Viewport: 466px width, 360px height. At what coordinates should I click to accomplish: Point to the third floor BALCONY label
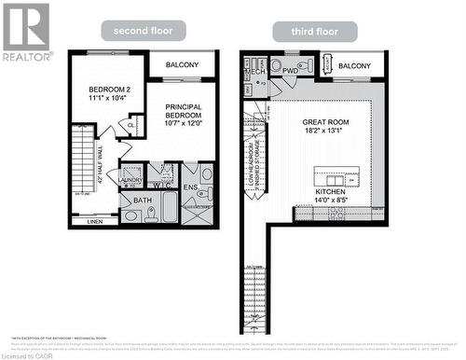tap(355, 66)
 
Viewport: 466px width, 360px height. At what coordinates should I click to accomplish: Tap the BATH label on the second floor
tap(143, 200)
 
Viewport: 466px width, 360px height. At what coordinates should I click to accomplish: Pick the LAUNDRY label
tap(131, 178)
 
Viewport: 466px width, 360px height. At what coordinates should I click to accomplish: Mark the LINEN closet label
tap(95, 222)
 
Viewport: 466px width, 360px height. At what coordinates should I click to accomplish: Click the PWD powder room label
tap(291, 71)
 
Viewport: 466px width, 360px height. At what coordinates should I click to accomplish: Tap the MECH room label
tap(254, 71)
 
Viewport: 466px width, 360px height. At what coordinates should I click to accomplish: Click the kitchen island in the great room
tap(339, 176)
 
